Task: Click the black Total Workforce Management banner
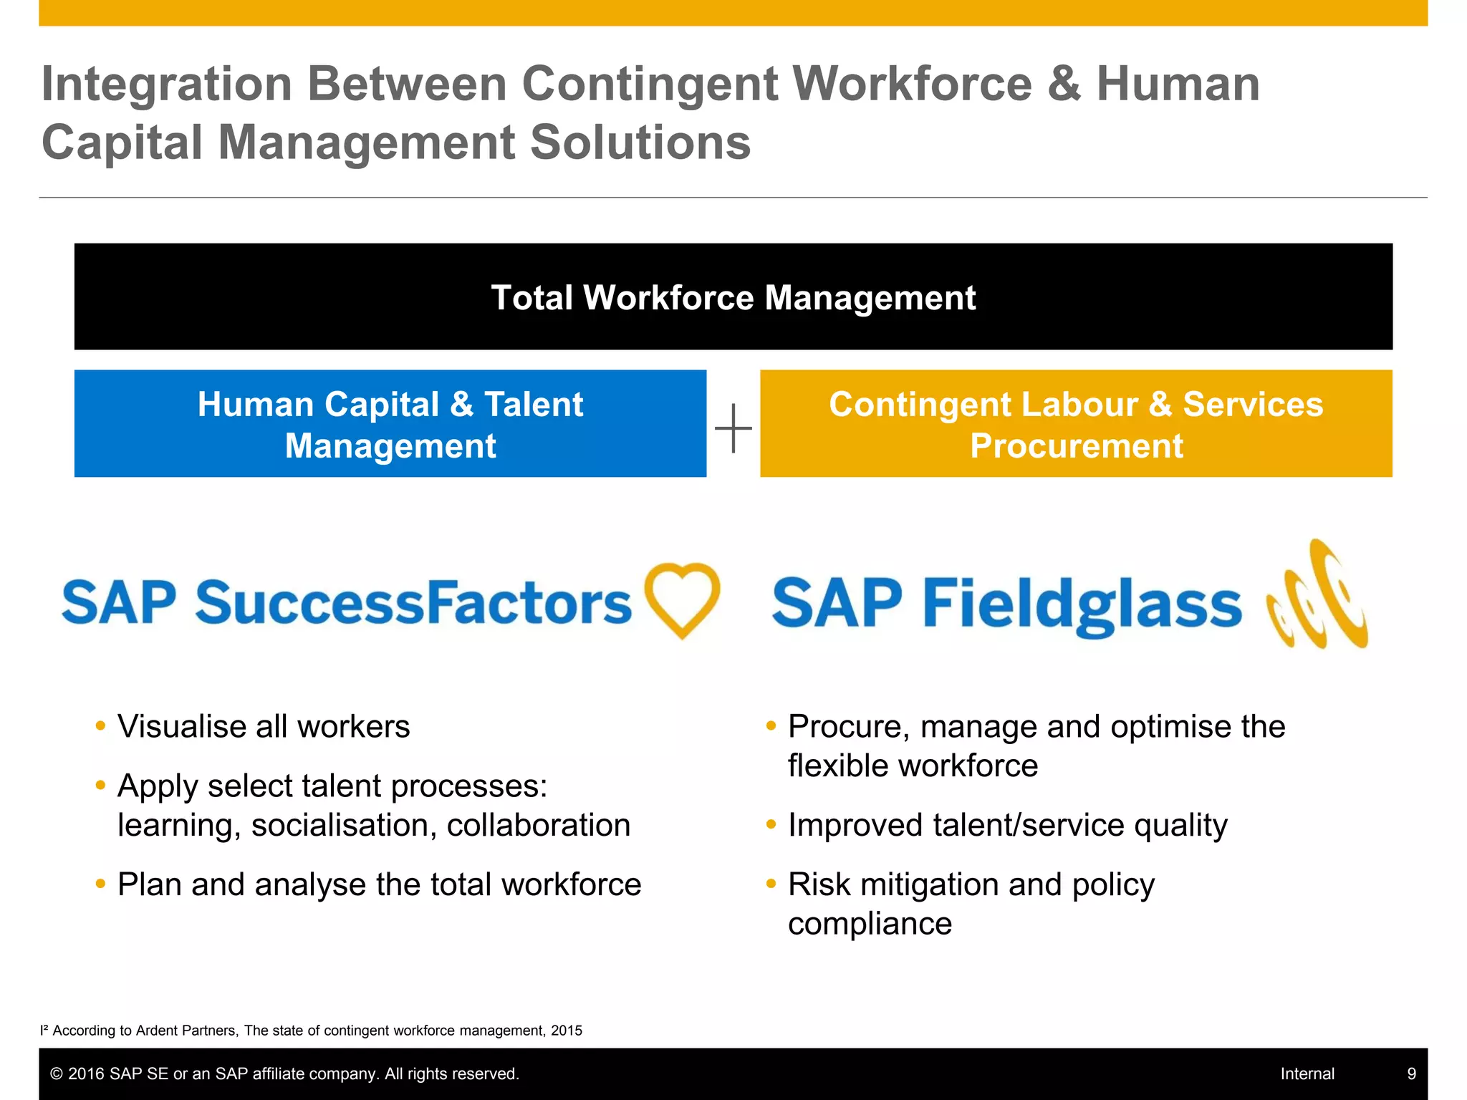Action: coord(733,297)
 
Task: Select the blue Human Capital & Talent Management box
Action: coord(390,424)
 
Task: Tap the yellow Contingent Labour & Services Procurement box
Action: coord(1076,424)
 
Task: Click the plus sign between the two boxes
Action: coord(733,428)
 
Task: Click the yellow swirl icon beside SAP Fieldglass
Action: coord(1317,596)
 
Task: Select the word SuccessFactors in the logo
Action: coord(413,603)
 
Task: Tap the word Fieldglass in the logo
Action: coord(1082,605)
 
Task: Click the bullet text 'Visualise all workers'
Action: coord(264,727)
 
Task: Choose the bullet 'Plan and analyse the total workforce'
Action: coord(379,884)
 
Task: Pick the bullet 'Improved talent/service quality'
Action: coord(1007,825)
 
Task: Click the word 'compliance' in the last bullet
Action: coord(870,924)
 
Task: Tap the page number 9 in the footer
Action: coord(1412,1074)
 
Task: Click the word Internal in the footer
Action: coord(1307,1074)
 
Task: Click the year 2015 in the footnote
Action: coord(567,1031)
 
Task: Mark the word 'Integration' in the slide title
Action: coord(167,84)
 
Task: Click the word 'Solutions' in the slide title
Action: coord(640,143)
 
